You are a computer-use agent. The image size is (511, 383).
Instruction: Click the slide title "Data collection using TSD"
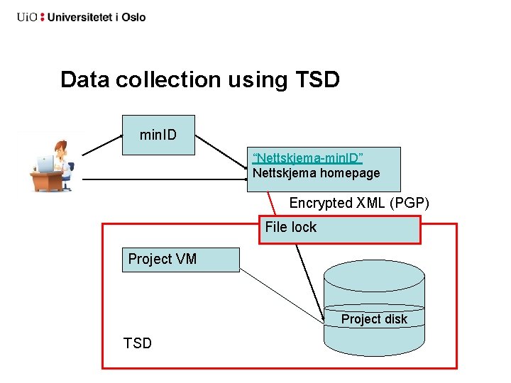click(200, 79)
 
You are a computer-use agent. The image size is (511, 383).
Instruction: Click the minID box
click(158, 135)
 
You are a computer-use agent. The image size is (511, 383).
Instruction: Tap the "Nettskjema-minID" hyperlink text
click(307, 157)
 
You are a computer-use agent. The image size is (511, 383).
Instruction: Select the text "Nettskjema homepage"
click(317, 173)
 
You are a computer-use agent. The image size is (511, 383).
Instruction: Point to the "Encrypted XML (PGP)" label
click(359, 203)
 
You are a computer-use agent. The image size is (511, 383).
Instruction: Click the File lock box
click(339, 229)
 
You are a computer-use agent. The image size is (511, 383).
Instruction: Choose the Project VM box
click(180, 260)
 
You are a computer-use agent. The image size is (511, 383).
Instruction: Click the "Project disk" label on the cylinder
click(374, 319)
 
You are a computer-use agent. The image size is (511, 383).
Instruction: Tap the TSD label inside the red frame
click(138, 343)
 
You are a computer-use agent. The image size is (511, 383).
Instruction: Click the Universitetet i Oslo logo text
click(96, 17)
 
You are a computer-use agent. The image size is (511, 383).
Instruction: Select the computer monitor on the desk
click(45, 165)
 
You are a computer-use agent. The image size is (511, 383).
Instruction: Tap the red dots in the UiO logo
click(42, 17)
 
